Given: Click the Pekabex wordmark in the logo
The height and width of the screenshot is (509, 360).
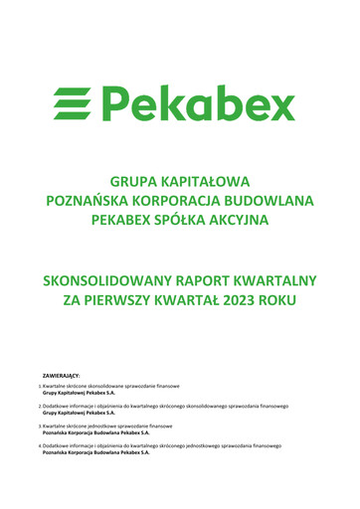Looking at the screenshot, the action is [x=199, y=102].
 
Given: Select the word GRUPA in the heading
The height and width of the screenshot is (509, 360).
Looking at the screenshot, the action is [x=134, y=182].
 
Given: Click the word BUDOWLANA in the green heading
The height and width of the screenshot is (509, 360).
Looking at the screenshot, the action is [x=269, y=200].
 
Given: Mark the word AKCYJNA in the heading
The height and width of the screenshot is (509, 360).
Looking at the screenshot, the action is [x=242, y=218].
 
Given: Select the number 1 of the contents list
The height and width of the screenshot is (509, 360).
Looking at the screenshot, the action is [x=40, y=386].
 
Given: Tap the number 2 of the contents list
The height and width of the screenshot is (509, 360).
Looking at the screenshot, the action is [x=40, y=406].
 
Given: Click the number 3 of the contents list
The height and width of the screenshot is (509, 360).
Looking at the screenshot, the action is [x=40, y=425].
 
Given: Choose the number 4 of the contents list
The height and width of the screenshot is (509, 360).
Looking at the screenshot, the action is [x=40, y=446].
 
